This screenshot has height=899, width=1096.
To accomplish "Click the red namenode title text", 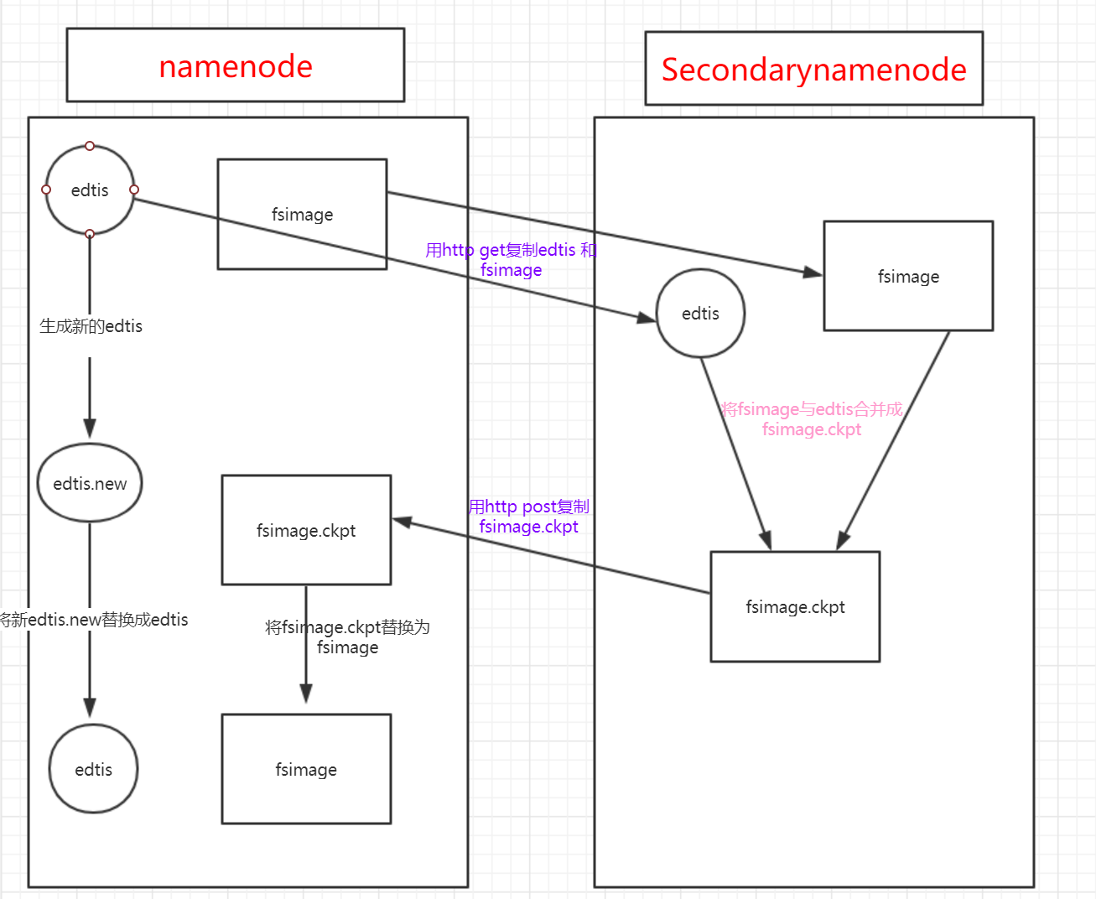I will point(236,66).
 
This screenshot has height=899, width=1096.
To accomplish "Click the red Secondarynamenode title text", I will point(813,70).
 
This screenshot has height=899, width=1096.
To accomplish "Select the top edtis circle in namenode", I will point(90,190).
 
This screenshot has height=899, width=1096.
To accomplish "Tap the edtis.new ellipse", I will point(90,484).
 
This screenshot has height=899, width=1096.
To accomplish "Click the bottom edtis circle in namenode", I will point(93,769).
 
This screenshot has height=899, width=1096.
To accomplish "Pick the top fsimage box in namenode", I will point(302,215).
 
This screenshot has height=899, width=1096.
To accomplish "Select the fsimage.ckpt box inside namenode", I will point(306,530).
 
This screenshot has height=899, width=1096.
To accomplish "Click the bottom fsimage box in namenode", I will point(306,769).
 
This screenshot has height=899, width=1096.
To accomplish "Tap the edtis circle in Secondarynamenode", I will point(700,314).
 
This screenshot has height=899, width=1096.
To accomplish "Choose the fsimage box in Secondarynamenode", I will point(908,276).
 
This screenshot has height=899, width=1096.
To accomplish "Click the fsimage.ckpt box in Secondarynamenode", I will point(795,606).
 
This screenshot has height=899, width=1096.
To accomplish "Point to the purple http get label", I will point(511,260).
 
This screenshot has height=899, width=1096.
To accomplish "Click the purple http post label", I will point(528,517).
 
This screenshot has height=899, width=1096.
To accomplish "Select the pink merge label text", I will point(812,419).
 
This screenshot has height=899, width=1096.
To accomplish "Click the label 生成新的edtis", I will point(91,326).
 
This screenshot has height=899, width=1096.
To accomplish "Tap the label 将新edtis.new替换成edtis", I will point(94,620).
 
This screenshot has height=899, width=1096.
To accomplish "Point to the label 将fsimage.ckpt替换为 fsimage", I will point(347,637).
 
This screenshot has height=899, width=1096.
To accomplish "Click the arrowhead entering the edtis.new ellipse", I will point(90,429).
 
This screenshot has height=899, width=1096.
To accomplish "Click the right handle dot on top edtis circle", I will point(134,190).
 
